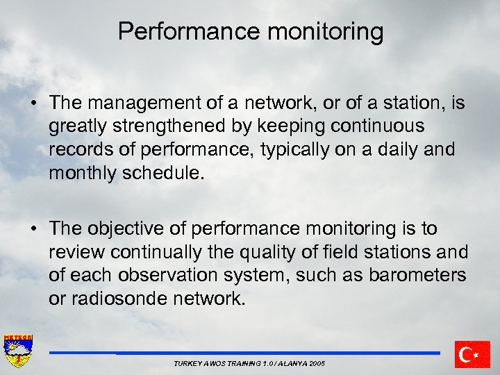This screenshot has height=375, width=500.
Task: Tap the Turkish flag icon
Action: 472,354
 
